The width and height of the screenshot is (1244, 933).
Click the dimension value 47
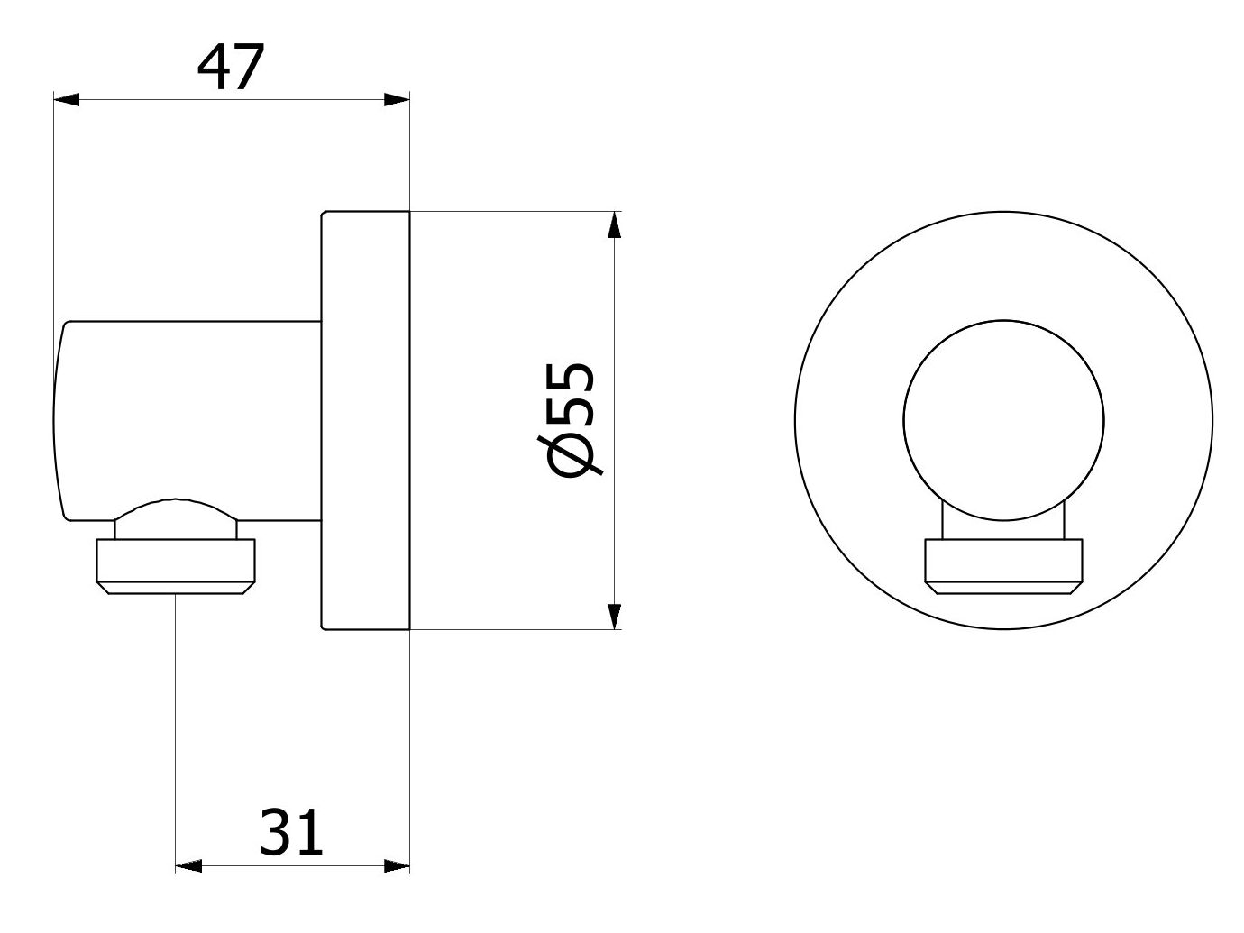pyautogui.click(x=231, y=68)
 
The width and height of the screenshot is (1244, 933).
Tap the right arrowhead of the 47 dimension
pyautogui.click(x=397, y=100)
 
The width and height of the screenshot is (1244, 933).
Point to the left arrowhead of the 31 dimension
pyautogui.click(x=188, y=866)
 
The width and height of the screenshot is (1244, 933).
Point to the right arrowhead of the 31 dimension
pyautogui.click(x=397, y=866)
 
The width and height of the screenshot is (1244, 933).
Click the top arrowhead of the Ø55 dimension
pyautogui.click(x=615, y=224)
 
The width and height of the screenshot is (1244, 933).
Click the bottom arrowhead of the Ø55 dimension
pyautogui.click(x=615, y=616)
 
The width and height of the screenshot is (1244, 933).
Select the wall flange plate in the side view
pyautogui.click(x=365, y=420)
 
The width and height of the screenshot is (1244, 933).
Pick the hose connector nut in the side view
pyautogui.click(x=176, y=565)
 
